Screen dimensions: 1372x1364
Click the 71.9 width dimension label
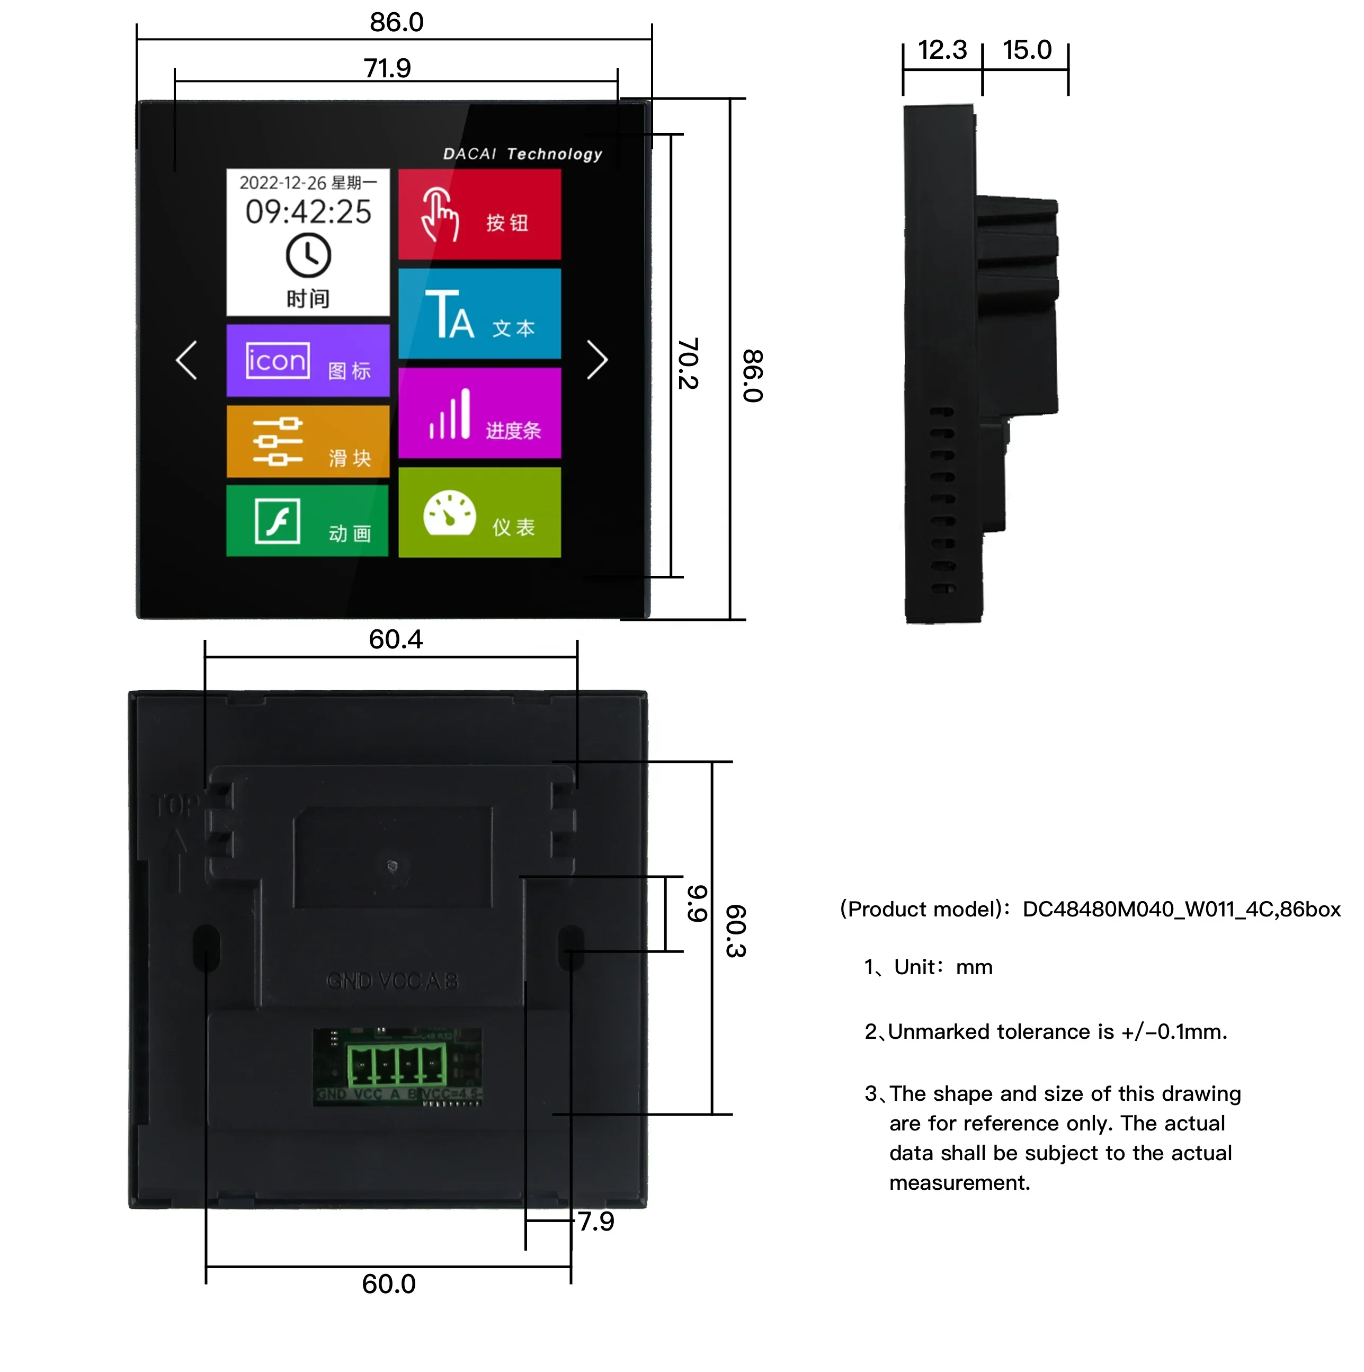[387, 68]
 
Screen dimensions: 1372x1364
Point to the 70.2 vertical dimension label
[688, 363]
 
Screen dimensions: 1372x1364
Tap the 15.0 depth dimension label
[1026, 50]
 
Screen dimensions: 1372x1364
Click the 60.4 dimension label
[396, 639]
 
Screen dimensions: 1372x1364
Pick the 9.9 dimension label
[697, 903]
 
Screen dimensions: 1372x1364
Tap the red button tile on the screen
[479, 214]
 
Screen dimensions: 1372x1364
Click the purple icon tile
[307, 360]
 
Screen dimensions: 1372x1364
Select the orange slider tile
[307, 441]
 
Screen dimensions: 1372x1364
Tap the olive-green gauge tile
[479, 512]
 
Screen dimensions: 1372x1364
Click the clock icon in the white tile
[308, 256]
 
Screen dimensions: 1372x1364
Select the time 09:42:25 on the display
[308, 211]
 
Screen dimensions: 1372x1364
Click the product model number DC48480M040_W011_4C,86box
[1181, 909]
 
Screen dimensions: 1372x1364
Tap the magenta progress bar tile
[479, 413]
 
